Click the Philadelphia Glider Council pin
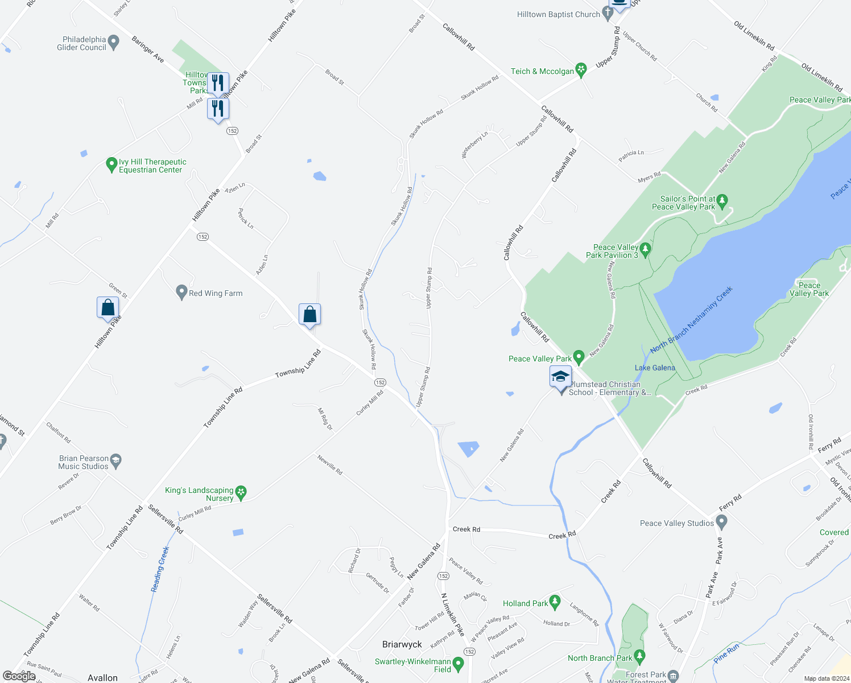(113, 42)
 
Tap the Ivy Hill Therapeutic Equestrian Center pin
(112, 165)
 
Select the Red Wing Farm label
(216, 293)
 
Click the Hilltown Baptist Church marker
(608, 14)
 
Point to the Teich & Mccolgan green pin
(581, 70)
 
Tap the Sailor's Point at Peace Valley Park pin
(722, 200)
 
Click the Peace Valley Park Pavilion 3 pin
(645, 249)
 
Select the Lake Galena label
(655, 368)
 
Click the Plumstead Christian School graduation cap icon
(560, 377)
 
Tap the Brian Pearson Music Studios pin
(116, 460)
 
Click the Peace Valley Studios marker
(721, 521)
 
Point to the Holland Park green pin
(555, 602)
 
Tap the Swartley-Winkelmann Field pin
(458, 664)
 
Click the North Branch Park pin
(639, 657)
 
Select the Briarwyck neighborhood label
(402, 644)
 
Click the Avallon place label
(102, 677)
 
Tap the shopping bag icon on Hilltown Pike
(108, 308)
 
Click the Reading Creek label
(160, 569)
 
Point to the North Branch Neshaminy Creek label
(691, 319)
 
